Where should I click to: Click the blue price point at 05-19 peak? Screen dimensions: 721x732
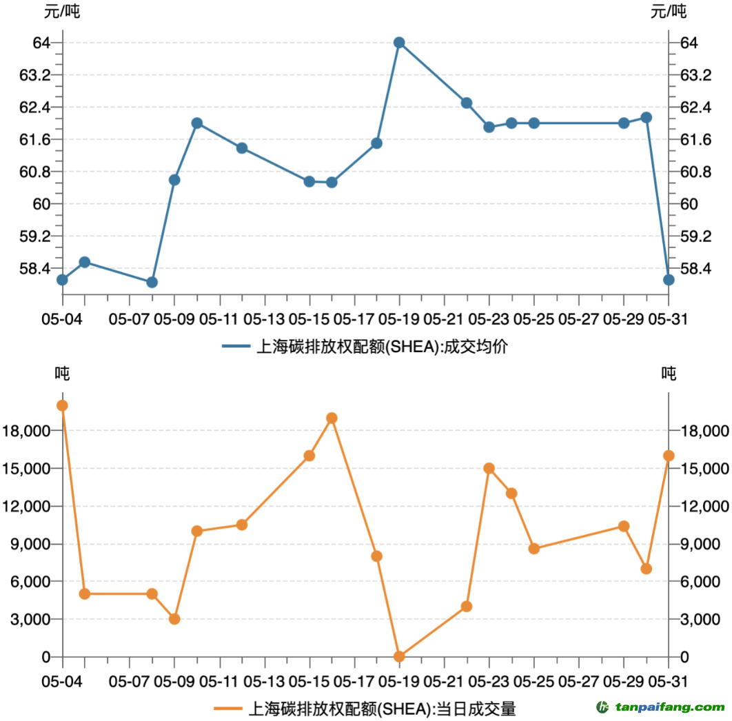[399, 43]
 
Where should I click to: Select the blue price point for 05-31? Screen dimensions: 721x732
[669, 279]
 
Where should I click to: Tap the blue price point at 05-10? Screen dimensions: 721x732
[197, 123]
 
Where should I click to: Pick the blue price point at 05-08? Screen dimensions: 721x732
[152, 282]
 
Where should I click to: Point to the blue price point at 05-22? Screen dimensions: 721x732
[467, 103]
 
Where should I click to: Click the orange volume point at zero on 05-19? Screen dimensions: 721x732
[399, 656]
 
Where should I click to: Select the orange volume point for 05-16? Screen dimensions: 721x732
[332, 418]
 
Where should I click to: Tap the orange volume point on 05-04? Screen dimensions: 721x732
[63, 405]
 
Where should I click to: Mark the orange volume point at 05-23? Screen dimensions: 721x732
[489, 468]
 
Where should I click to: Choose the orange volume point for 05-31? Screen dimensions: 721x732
[669, 456]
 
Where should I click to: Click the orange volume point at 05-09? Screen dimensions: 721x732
[174, 619]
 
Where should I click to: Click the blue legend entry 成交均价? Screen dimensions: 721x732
[366, 347]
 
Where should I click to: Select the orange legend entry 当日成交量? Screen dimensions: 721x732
[366, 708]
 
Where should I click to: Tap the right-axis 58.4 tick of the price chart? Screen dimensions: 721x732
[691, 268]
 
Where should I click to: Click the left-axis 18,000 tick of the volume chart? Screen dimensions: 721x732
[28, 431]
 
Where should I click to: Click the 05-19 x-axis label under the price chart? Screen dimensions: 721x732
[399, 319]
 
